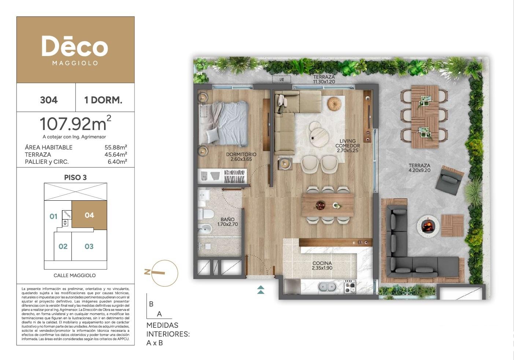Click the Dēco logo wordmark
click(x=75, y=46)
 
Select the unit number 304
click(x=49, y=100)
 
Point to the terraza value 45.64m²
click(x=116, y=155)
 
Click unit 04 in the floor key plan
click(x=89, y=215)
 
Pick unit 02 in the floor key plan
click(x=63, y=246)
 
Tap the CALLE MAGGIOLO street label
click(x=75, y=275)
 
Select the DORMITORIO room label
click(x=241, y=155)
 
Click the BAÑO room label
click(x=228, y=219)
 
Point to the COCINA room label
click(x=322, y=263)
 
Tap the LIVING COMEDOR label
click(x=348, y=144)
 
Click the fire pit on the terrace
click(x=428, y=226)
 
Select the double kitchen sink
click(x=328, y=287)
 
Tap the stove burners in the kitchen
click(x=350, y=286)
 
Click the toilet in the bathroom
click(x=206, y=214)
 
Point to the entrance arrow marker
click(x=261, y=290)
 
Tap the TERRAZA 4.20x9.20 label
click(x=419, y=168)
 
